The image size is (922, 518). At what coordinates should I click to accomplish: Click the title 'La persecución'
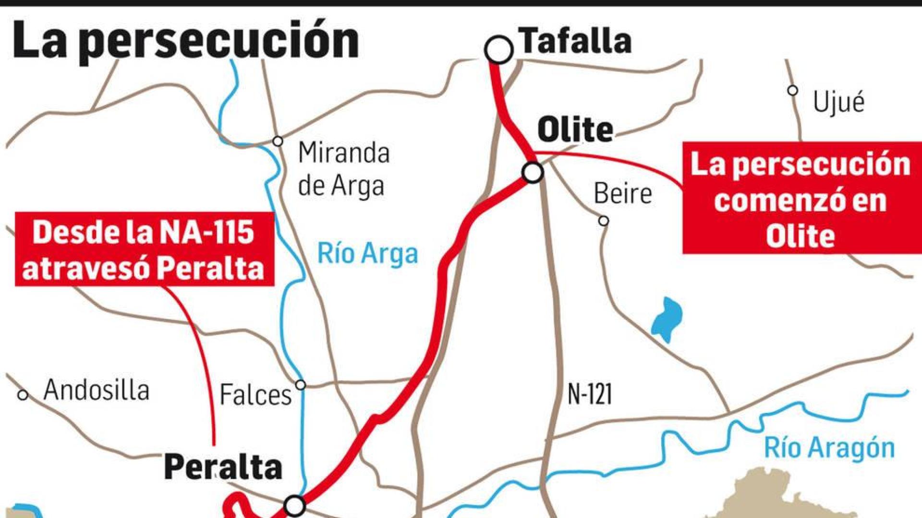(x=186, y=41)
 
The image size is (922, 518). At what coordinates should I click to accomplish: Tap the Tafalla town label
(x=576, y=41)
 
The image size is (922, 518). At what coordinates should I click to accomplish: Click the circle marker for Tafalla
(x=498, y=49)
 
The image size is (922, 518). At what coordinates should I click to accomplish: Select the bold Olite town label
(x=575, y=130)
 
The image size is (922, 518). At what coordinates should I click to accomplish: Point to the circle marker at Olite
(x=533, y=173)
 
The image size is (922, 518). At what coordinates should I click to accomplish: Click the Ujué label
(x=838, y=102)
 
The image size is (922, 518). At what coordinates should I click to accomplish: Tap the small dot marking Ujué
(x=793, y=90)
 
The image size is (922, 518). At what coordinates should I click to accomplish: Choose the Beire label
(x=623, y=194)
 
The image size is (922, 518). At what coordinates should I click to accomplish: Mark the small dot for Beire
(x=604, y=221)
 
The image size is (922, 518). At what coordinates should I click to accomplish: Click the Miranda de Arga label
(x=343, y=169)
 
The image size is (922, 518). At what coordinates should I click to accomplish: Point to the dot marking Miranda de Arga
(x=278, y=141)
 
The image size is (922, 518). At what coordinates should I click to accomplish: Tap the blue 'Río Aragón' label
(x=829, y=448)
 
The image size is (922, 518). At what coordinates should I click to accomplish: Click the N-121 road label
(x=590, y=394)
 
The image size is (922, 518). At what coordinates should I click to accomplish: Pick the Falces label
(x=255, y=395)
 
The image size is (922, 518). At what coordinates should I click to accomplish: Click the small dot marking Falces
(x=301, y=385)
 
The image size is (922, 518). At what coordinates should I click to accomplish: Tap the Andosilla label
(x=97, y=390)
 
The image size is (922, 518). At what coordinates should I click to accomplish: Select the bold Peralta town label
(x=223, y=467)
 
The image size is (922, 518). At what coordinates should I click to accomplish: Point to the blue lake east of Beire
(x=667, y=319)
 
